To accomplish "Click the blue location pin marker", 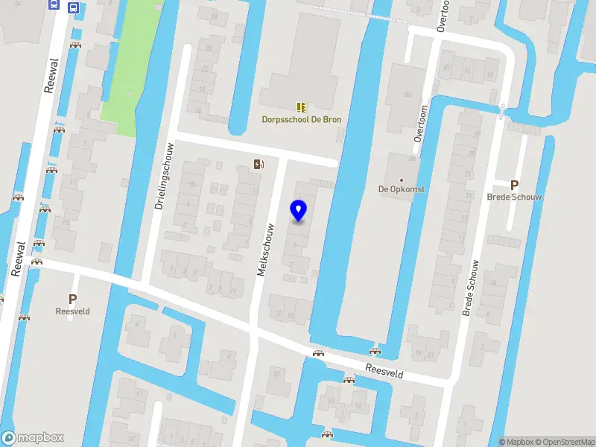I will [x=299, y=212].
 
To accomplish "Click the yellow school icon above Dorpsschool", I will [x=301, y=107].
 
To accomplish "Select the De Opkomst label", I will [x=402, y=189].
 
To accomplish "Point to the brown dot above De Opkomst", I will [x=402, y=180].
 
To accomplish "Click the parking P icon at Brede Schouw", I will [x=514, y=186].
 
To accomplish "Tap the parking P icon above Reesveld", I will [x=72, y=299].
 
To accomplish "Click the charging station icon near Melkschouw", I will [x=258, y=165].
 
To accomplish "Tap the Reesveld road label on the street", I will [x=384, y=371].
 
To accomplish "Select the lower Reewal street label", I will [x=19, y=259].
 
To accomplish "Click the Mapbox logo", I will [x=33, y=438].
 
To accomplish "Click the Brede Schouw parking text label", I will [x=514, y=197].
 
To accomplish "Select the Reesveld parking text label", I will [x=72, y=311].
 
